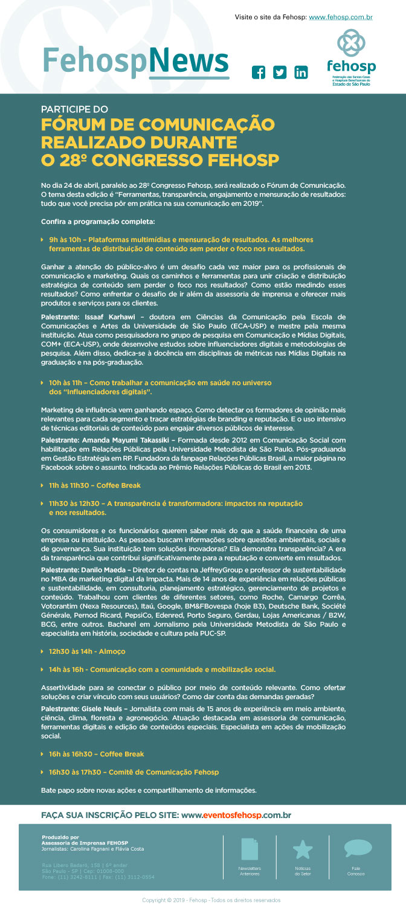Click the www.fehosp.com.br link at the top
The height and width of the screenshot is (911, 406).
coord(340,18)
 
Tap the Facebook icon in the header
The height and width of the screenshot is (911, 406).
coord(259,73)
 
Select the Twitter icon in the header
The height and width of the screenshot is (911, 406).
coord(280,73)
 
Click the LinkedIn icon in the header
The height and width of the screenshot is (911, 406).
coord(300,73)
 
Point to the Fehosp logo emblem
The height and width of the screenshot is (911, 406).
coord(351,44)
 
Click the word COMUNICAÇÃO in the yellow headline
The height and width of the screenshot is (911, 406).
coord(208,125)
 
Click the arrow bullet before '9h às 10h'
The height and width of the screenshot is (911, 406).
coord(42,240)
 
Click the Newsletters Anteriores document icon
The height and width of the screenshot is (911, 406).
coord(250,849)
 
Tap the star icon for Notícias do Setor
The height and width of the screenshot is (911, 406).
coord(303,849)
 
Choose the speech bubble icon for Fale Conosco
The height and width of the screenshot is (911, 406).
coord(358,848)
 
